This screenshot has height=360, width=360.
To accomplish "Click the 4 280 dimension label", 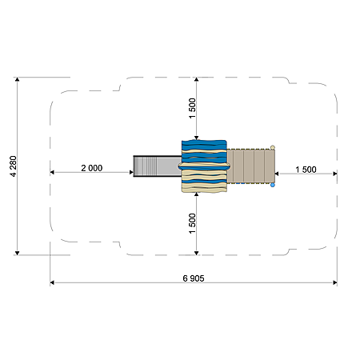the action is pyautogui.click(x=13, y=166).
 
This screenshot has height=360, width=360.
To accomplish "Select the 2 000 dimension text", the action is pyautogui.click(x=92, y=168).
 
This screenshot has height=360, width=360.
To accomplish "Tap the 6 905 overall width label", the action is pyautogui.click(x=194, y=278).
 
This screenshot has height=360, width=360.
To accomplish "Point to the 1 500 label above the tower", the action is pyautogui.click(x=192, y=108).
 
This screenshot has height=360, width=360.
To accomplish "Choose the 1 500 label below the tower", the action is pyautogui.click(x=192, y=223).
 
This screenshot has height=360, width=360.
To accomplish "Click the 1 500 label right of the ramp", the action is pyautogui.click(x=306, y=170).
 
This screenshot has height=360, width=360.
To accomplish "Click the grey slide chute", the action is pyautogui.click(x=158, y=166).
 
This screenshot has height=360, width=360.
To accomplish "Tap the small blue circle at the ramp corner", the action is pyautogui.click(x=273, y=185).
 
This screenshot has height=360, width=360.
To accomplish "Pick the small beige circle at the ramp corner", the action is pyautogui.click(x=273, y=147).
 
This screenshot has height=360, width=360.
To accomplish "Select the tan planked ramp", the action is pyautogui.click(x=250, y=166).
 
